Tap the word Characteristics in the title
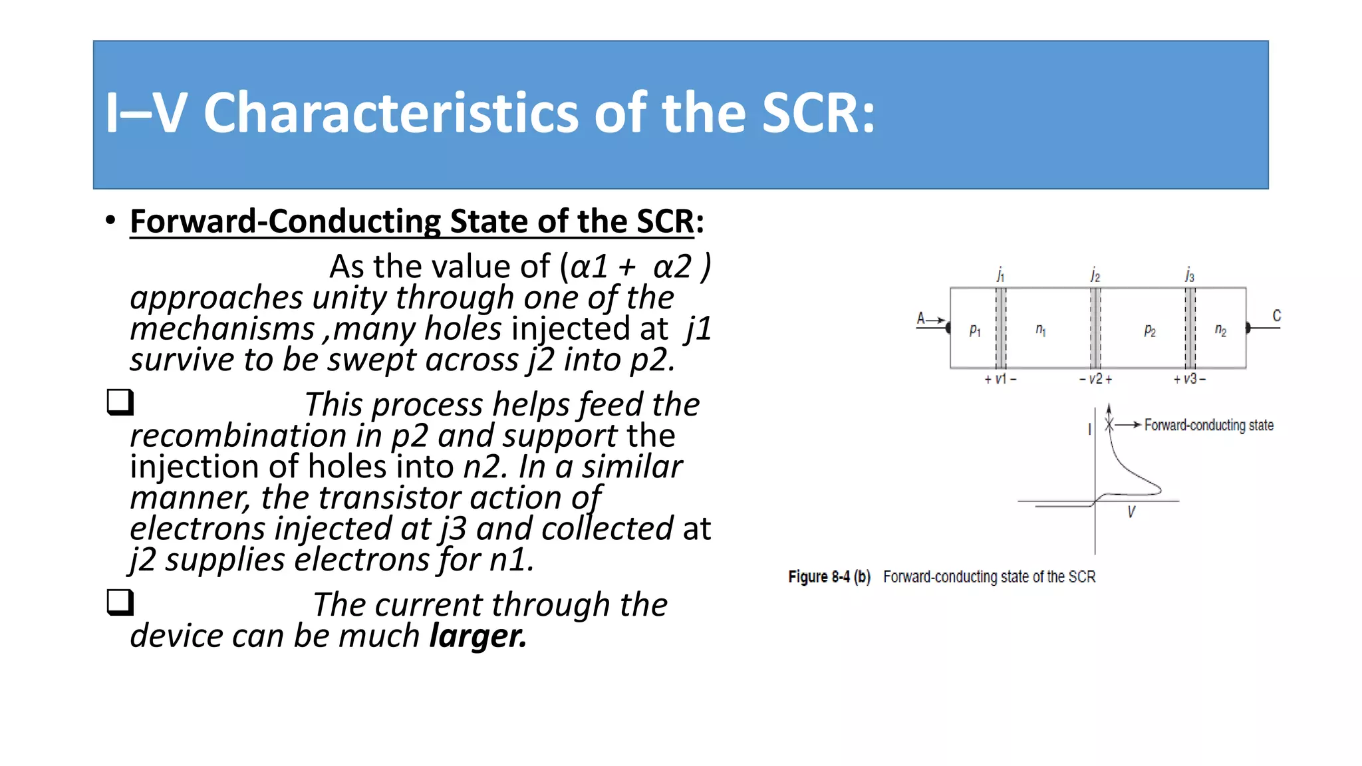point(390,113)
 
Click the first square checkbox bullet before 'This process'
point(120,402)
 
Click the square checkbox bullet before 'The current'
point(120,602)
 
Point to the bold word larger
point(477,636)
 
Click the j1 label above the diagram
point(1000,275)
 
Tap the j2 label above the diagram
point(1095,275)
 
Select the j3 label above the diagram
point(1189,275)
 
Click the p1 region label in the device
point(975,330)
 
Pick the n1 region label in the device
point(1041,330)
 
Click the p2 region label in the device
point(1150,330)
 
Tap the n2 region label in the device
point(1220,330)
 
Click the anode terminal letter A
point(921,318)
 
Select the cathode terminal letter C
point(1276,316)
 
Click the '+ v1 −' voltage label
point(1000,379)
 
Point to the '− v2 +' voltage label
point(1095,379)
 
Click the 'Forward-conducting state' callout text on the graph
point(1208,425)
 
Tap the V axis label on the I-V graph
point(1131,511)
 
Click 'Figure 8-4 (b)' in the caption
point(829,576)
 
